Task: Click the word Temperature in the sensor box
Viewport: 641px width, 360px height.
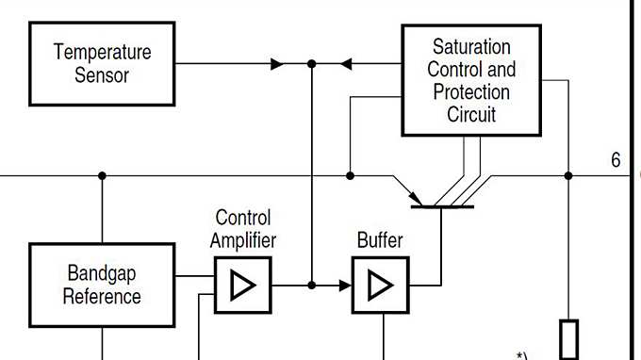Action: (x=102, y=52)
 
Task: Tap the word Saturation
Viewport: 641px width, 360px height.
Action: (x=471, y=46)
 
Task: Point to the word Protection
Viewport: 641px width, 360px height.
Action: (x=471, y=92)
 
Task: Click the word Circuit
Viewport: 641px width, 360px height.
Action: (x=471, y=115)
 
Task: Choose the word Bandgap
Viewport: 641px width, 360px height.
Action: (x=102, y=273)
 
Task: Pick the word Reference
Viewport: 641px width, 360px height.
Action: (x=102, y=296)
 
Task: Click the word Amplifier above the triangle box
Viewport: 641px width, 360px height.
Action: (x=243, y=240)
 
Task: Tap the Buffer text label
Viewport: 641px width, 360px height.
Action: (x=380, y=240)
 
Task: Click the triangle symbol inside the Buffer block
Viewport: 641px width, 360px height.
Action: (x=380, y=285)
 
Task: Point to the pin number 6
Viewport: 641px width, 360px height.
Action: (x=616, y=160)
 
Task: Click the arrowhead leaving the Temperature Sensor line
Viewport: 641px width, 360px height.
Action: (x=277, y=64)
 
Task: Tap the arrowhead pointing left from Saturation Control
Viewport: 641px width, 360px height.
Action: (x=345, y=64)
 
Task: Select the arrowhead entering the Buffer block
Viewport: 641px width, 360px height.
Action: (x=344, y=285)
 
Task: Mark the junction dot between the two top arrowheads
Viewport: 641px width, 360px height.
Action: (x=312, y=64)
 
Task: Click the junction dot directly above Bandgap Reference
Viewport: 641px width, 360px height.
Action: (x=102, y=175)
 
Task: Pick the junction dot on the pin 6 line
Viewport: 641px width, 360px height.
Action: (x=568, y=175)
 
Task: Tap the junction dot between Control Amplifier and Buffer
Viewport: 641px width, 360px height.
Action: (x=312, y=285)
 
